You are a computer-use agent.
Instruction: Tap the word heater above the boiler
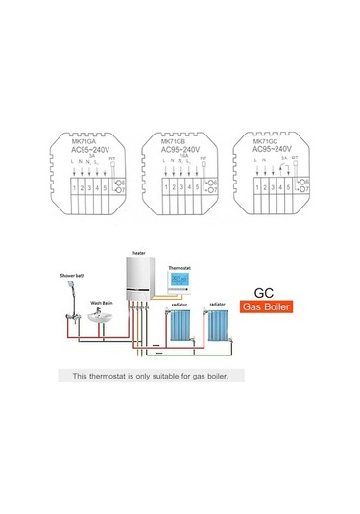click(139, 248)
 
